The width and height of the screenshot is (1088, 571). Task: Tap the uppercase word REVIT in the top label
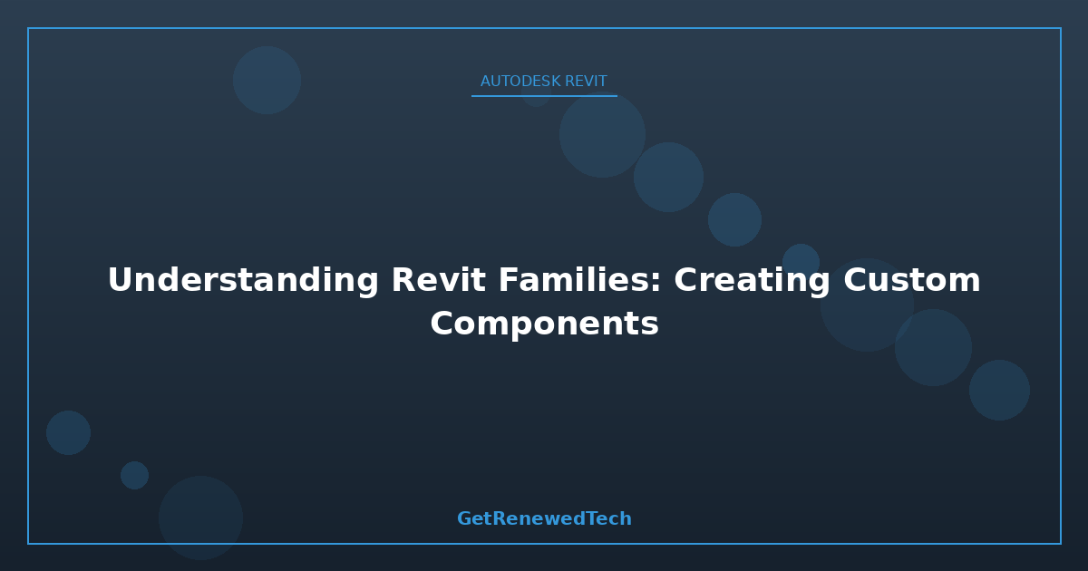point(586,81)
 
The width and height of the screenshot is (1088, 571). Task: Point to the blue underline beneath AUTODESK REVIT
point(544,96)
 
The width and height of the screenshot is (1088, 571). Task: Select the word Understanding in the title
point(243,281)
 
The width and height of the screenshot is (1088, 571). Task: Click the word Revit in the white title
point(438,280)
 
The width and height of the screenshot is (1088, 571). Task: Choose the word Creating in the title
point(752,281)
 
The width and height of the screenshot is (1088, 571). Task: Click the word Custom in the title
point(912,280)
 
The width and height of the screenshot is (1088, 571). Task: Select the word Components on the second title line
point(544,324)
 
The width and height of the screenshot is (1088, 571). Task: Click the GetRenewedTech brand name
point(544,518)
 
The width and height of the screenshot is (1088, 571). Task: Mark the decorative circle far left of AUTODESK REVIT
point(267,80)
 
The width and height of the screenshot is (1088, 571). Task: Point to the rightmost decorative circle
point(999,390)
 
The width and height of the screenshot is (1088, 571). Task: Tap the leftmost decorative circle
point(69,432)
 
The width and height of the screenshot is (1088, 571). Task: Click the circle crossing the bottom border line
point(200,518)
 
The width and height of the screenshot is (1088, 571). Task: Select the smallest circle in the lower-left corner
point(134,475)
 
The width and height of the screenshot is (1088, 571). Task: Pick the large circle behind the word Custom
point(867,305)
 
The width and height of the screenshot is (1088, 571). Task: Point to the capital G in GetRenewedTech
point(464,518)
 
